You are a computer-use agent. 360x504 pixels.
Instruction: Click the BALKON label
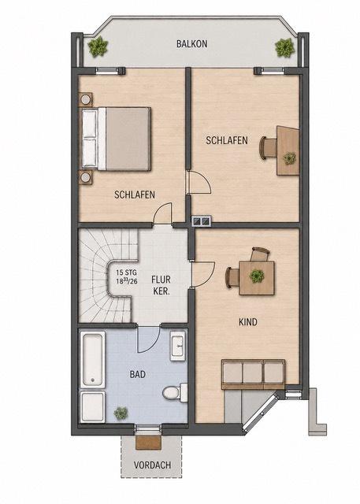(192, 44)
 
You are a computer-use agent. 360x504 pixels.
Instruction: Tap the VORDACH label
(152, 465)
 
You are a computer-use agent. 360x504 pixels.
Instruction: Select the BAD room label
(138, 374)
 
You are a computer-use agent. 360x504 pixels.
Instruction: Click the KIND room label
(248, 322)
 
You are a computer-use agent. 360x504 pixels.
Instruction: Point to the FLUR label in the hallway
(161, 280)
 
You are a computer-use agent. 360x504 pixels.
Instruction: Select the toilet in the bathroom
(175, 392)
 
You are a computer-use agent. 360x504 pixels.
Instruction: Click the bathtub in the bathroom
(93, 359)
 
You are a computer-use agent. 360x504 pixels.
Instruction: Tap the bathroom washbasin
(178, 346)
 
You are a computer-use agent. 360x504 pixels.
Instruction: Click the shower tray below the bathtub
(93, 406)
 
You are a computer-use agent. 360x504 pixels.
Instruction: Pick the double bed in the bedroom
(116, 139)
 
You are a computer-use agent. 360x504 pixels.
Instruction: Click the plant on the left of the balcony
(98, 47)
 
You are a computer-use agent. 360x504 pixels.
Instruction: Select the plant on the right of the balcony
(285, 48)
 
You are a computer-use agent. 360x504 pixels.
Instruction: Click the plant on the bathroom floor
(121, 413)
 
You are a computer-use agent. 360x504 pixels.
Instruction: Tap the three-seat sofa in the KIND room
(254, 374)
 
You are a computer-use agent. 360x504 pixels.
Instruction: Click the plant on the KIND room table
(257, 276)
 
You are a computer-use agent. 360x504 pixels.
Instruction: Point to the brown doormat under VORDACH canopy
(148, 443)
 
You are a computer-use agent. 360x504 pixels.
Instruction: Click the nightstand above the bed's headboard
(86, 99)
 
